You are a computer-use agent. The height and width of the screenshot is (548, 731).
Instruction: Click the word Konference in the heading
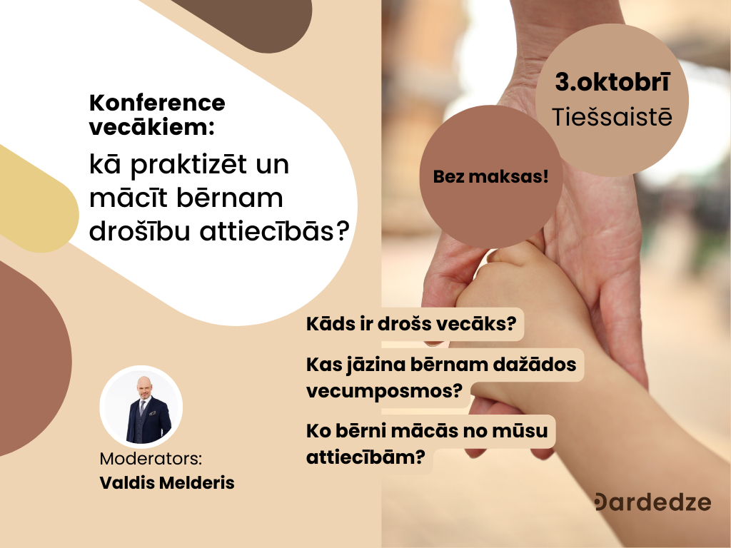point(157,103)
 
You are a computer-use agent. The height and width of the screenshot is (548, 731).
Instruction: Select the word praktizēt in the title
point(188,166)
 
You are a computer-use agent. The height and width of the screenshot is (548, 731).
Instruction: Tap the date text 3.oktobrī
point(612,82)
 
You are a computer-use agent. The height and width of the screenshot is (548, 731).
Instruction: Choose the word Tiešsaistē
point(612,116)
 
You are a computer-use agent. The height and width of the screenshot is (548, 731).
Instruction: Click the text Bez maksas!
point(491,177)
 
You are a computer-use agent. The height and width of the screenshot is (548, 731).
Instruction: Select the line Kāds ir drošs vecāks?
point(411,324)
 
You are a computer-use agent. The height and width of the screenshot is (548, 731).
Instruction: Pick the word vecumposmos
point(383,390)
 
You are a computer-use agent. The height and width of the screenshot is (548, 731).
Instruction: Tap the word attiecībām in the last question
point(365,457)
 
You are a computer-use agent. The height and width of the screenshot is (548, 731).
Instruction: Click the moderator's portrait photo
point(141,406)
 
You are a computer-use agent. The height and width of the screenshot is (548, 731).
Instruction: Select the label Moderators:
point(151,459)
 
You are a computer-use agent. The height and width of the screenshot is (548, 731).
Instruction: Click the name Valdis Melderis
point(167,483)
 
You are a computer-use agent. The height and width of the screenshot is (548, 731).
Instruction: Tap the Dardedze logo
point(653,502)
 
